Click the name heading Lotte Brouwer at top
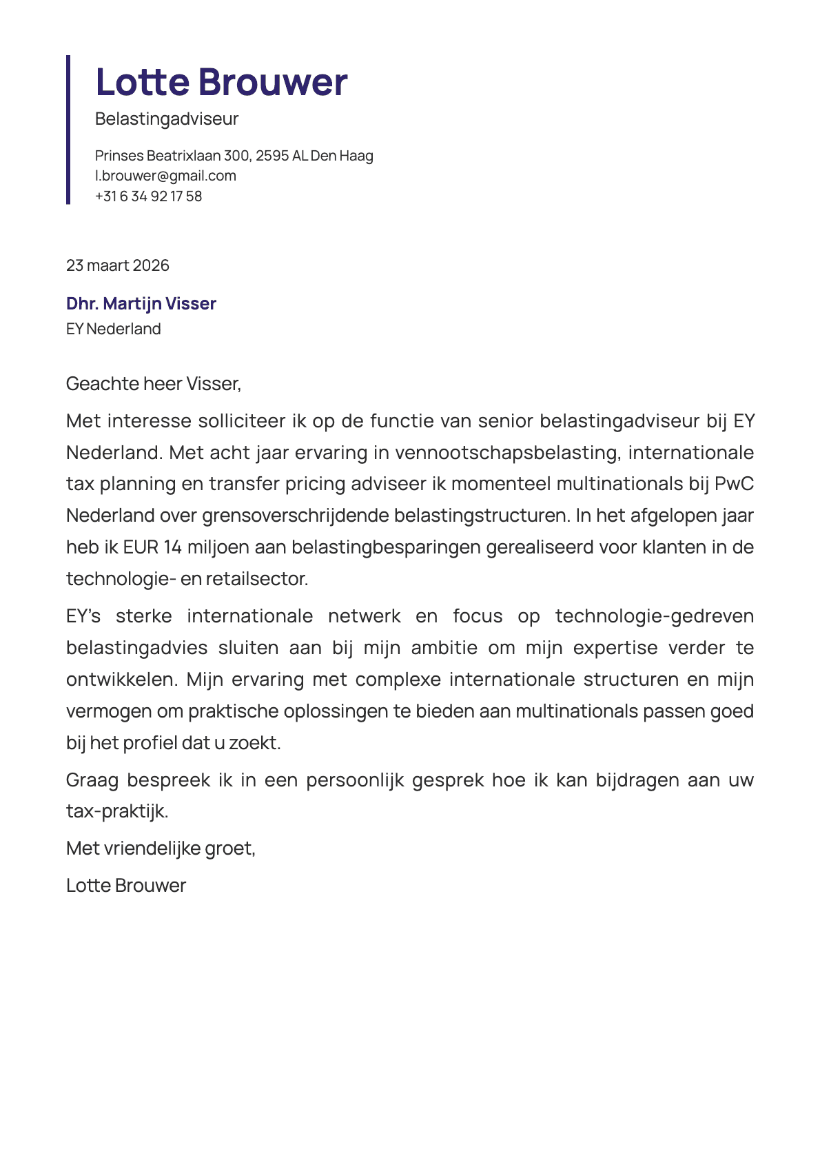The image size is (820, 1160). pyautogui.click(x=221, y=82)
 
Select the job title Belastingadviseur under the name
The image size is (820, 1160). pyautogui.click(x=167, y=119)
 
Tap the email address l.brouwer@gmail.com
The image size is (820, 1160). pyautogui.click(x=165, y=176)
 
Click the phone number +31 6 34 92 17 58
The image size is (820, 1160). pyautogui.click(x=148, y=196)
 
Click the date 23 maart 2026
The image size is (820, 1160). pyautogui.click(x=118, y=265)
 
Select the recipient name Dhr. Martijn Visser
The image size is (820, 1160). pyautogui.click(x=141, y=303)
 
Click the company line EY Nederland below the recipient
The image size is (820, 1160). pyautogui.click(x=114, y=329)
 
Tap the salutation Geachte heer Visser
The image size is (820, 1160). pyautogui.click(x=153, y=383)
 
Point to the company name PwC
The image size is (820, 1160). pyautogui.click(x=734, y=484)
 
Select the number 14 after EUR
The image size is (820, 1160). pyautogui.click(x=172, y=547)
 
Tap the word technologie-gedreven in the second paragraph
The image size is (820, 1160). pyautogui.click(x=654, y=616)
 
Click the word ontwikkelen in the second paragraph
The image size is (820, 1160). pyautogui.click(x=121, y=680)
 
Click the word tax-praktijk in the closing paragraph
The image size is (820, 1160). pyautogui.click(x=117, y=811)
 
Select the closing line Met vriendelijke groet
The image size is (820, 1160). pyautogui.click(x=161, y=848)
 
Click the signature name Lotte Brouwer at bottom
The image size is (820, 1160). pyautogui.click(x=126, y=886)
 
